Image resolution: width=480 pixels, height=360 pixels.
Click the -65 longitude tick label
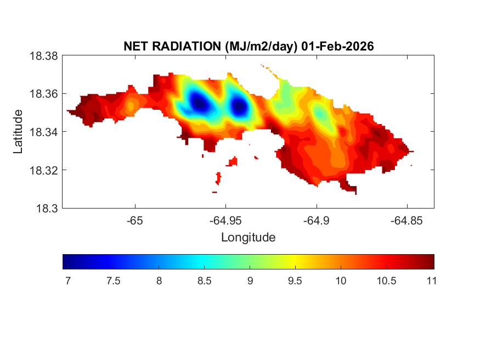(135, 221)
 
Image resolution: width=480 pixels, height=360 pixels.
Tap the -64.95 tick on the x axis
(225, 221)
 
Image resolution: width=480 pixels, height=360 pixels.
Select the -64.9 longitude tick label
(316, 221)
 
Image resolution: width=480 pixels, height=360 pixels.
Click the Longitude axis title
(248, 238)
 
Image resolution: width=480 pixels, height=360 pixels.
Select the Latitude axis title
(19, 132)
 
